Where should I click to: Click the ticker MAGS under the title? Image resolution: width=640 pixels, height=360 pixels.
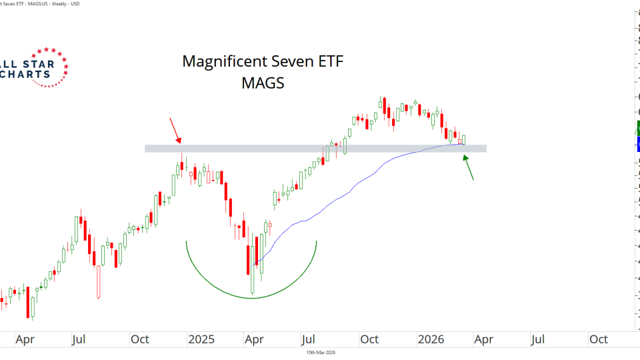[263, 84]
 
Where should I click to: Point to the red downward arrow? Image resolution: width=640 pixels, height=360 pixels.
[175, 130]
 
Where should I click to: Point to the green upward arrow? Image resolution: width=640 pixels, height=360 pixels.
[469, 167]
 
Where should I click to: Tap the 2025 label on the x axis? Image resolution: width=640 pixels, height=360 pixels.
[201, 339]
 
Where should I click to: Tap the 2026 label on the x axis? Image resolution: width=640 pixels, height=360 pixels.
[431, 339]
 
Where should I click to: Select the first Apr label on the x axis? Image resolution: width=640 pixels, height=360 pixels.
[25, 339]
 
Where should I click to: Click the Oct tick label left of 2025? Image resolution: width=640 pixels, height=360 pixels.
[140, 339]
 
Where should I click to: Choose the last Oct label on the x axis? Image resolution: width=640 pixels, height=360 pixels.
[598, 339]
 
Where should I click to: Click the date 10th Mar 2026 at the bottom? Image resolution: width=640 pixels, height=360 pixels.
[320, 353]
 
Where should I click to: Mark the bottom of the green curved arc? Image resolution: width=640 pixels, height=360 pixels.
[251, 297]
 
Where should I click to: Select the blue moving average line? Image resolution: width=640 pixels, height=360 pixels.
[347, 193]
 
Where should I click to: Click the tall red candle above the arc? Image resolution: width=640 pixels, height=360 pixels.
[248, 259]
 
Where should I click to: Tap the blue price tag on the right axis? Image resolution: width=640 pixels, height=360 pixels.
[638, 144]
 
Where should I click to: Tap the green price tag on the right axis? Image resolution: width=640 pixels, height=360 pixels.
[638, 129]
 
